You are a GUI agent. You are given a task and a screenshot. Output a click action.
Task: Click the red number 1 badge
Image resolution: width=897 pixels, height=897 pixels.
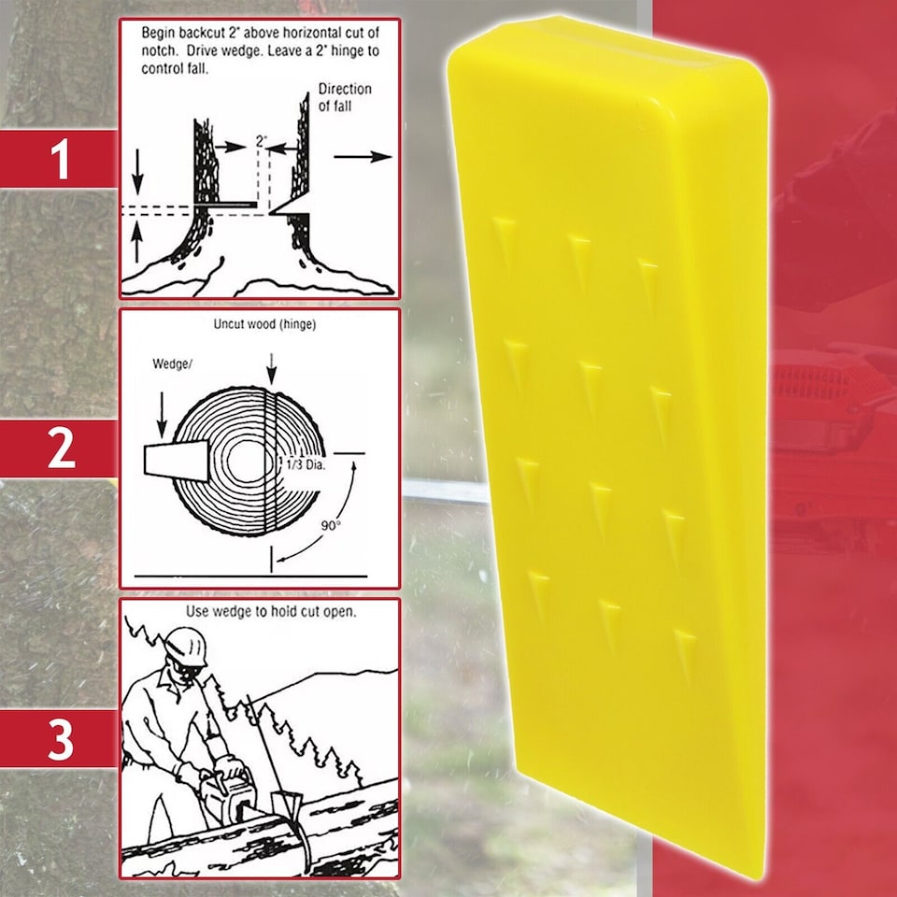60,159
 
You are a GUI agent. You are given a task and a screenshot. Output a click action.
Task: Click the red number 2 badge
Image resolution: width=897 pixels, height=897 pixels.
60,449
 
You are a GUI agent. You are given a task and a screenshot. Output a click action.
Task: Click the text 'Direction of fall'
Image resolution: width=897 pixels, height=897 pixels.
345,97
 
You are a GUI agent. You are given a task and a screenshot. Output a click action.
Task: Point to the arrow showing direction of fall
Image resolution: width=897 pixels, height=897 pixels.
363,156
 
